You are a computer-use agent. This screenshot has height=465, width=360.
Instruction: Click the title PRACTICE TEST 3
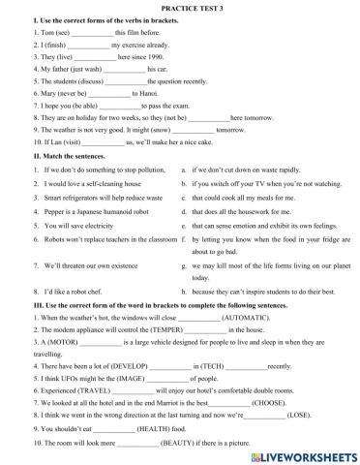tap(180, 7)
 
